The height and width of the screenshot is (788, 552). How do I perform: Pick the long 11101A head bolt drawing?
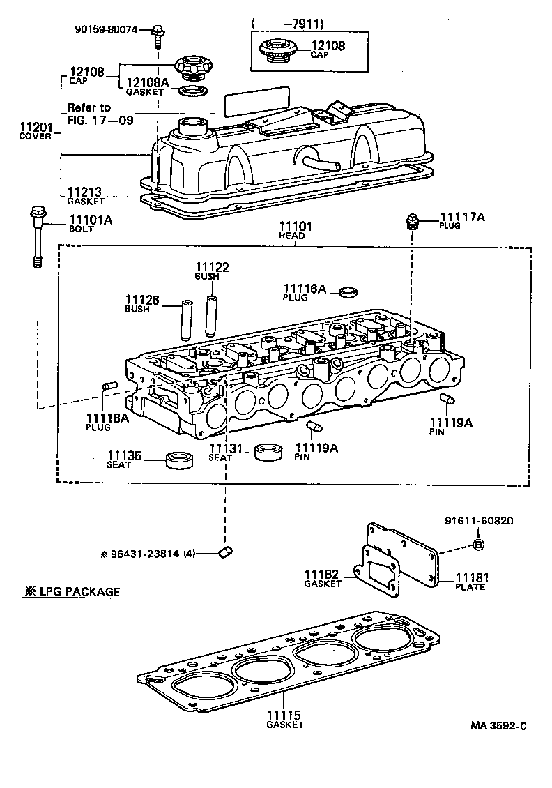(38, 236)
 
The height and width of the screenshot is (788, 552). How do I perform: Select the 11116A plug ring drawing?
(348, 291)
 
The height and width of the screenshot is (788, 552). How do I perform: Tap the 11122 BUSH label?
(211, 271)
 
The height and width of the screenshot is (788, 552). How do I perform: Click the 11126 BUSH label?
(142, 304)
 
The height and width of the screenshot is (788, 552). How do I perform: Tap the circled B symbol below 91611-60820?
(478, 545)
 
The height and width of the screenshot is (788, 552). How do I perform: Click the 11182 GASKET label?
(323, 578)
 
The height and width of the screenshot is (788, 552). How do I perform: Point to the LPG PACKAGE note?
(72, 592)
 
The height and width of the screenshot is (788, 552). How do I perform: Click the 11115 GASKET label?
(284, 719)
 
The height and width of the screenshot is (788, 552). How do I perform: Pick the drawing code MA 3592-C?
(498, 725)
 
